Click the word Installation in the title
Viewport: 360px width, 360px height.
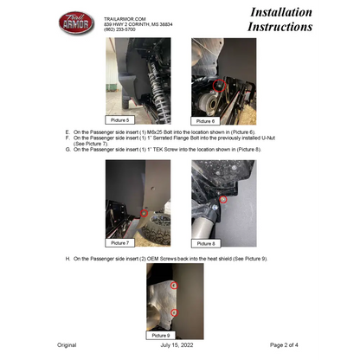click(x=280, y=12)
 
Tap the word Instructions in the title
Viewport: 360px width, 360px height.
click(x=280, y=28)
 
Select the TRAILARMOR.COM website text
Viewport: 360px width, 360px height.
click(x=124, y=17)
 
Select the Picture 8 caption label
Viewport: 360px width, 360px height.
click(x=206, y=243)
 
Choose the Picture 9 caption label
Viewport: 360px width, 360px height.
click(x=161, y=334)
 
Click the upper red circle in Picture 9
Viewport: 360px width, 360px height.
click(x=174, y=284)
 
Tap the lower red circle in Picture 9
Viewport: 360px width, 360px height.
click(x=174, y=312)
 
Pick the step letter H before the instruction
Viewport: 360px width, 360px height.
click(x=67, y=258)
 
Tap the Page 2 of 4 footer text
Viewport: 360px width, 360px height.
click(x=286, y=344)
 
